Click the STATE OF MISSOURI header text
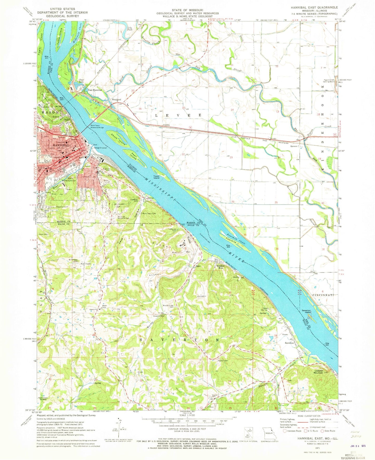pos(187,10)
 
